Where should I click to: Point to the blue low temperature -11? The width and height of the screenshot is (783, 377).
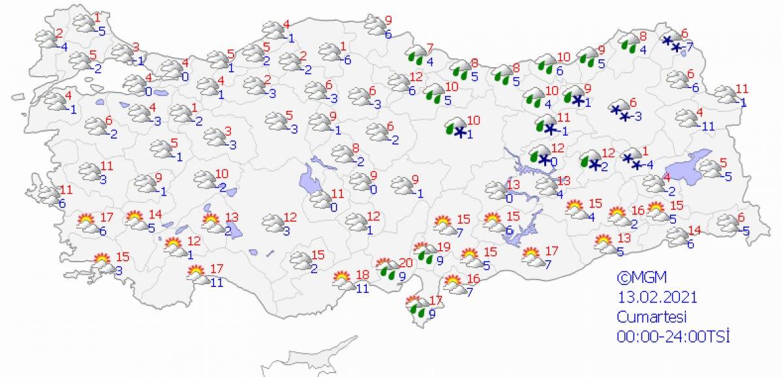tap(707, 126)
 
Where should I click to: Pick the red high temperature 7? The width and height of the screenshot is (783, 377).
tap(429, 48)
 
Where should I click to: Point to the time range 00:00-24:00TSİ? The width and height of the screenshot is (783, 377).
tap(673, 337)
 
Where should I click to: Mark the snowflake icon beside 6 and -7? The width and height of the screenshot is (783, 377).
tap(671, 44)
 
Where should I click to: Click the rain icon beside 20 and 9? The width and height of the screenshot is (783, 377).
tap(390, 269)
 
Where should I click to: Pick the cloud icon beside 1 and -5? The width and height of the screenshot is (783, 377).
tap(84, 24)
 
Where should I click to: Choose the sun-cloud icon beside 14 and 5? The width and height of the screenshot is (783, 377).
tap(135, 220)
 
